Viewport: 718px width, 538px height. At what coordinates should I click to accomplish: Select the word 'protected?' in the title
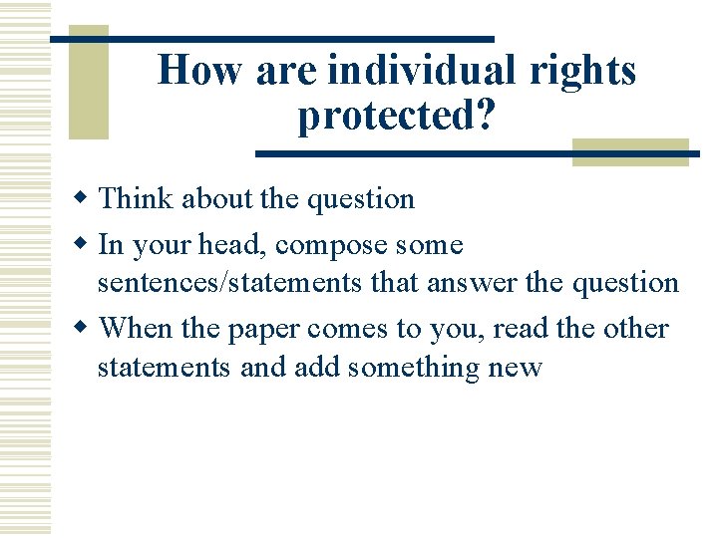(x=396, y=117)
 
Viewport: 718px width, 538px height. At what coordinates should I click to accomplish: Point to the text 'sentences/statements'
(x=229, y=283)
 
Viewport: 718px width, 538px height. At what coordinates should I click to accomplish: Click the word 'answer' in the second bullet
(x=473, y=283)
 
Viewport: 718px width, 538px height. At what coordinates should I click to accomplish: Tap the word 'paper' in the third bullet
(x=265, y=329)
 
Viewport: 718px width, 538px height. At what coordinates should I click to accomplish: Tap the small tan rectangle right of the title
(x=630, y=150)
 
